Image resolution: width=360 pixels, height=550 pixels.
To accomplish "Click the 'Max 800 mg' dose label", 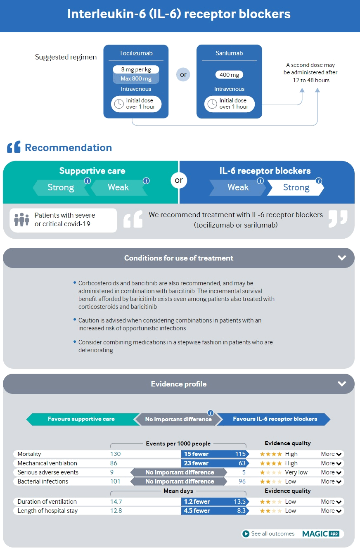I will click(x=136, y=78).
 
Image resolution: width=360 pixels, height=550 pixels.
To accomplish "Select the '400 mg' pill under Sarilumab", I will click(x=229, y=75).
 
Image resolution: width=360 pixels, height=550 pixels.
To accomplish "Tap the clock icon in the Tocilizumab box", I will click(x=119, y=104).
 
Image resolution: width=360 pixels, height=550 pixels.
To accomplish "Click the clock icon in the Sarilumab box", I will click(x=212, y=104).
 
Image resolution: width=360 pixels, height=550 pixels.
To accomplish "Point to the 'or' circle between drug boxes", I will click(x=183, y=75).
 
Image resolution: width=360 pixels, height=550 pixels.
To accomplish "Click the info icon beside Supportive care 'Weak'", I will click(x=146, y=181).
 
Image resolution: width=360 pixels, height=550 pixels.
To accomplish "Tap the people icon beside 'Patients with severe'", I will click(x=21, y=219).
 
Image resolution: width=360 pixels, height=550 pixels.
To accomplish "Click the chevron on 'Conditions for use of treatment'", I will click(x=341, y=258).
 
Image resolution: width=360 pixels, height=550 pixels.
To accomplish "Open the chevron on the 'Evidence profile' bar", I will click(x=341, y=384).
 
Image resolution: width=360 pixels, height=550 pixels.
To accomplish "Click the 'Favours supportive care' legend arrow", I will click(x=81, y=419).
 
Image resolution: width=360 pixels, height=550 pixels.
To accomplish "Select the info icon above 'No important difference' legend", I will click(x=211, y=412).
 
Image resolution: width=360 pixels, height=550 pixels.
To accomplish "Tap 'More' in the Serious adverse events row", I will click(x=331, y=472).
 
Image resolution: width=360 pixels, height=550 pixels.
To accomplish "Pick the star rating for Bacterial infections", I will click(x=271, y=481).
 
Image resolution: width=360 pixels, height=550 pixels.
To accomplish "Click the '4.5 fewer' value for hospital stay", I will click(x=197, y=511).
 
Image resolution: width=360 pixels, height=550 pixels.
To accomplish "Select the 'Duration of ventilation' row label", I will click(x=47, y=502).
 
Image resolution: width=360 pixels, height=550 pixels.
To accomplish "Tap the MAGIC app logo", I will click(x=320, y=533).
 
